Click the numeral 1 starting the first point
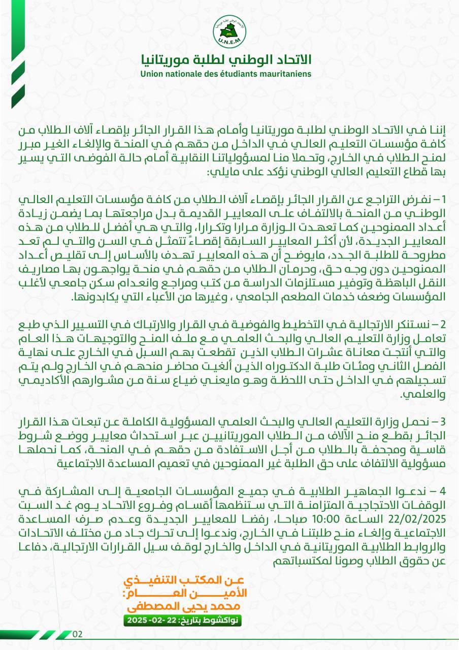(442, 198)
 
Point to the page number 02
(78, 634)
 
